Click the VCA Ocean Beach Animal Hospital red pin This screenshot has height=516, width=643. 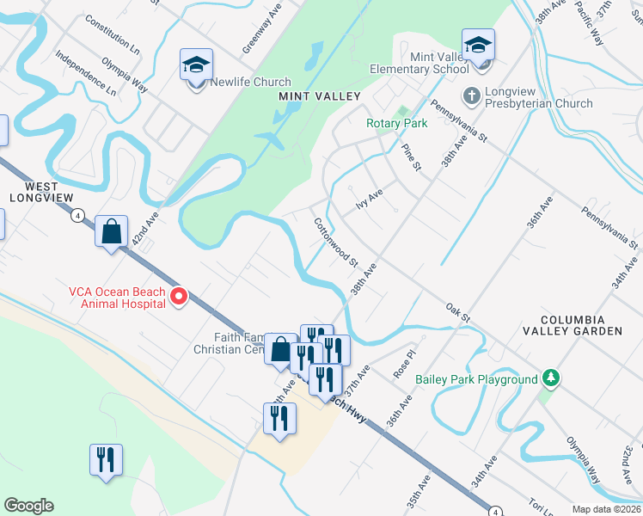click(179, 297)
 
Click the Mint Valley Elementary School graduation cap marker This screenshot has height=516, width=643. click(478, 46)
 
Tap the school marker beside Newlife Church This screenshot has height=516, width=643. click(196, 65)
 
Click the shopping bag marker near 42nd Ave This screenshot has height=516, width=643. click(111, 231)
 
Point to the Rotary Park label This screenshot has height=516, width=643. click(396, 124)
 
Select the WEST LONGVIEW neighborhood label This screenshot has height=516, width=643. click(34, 192)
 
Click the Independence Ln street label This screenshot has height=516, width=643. click(85, 72)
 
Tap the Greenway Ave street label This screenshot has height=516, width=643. click(250, 28)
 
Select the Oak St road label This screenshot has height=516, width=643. click(458, 312)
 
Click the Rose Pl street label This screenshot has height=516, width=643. click(404, 364)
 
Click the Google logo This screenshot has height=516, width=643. click(28, 506)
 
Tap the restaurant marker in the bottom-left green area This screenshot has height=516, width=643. click(106, 459)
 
